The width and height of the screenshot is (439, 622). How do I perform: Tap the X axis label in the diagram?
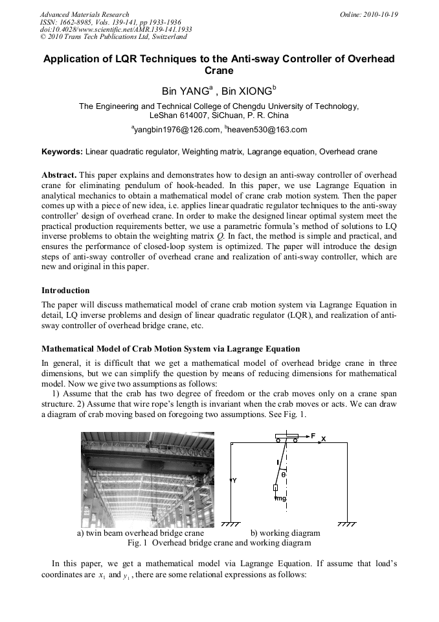(324, 440)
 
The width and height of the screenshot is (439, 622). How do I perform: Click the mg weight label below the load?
(280, 499)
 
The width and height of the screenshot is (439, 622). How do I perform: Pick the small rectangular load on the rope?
(275, 488)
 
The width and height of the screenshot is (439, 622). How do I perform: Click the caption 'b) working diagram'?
(285, 533)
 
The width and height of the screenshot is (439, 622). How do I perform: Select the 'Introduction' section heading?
(65, 290)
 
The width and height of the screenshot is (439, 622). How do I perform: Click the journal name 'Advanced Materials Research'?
(84, 14)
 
